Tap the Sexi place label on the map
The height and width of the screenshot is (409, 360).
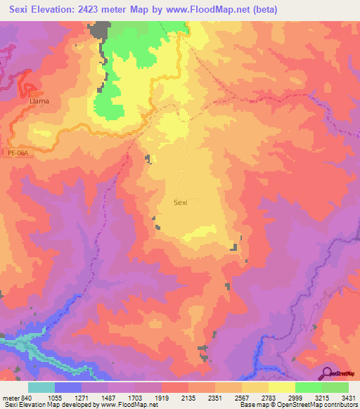pyautogui.click(x=180, y=202)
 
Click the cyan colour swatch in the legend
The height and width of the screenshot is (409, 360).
pyautogui.click(x=41, y=387)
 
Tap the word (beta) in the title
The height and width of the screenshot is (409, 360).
pyautogui.click(x=265, y=9)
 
